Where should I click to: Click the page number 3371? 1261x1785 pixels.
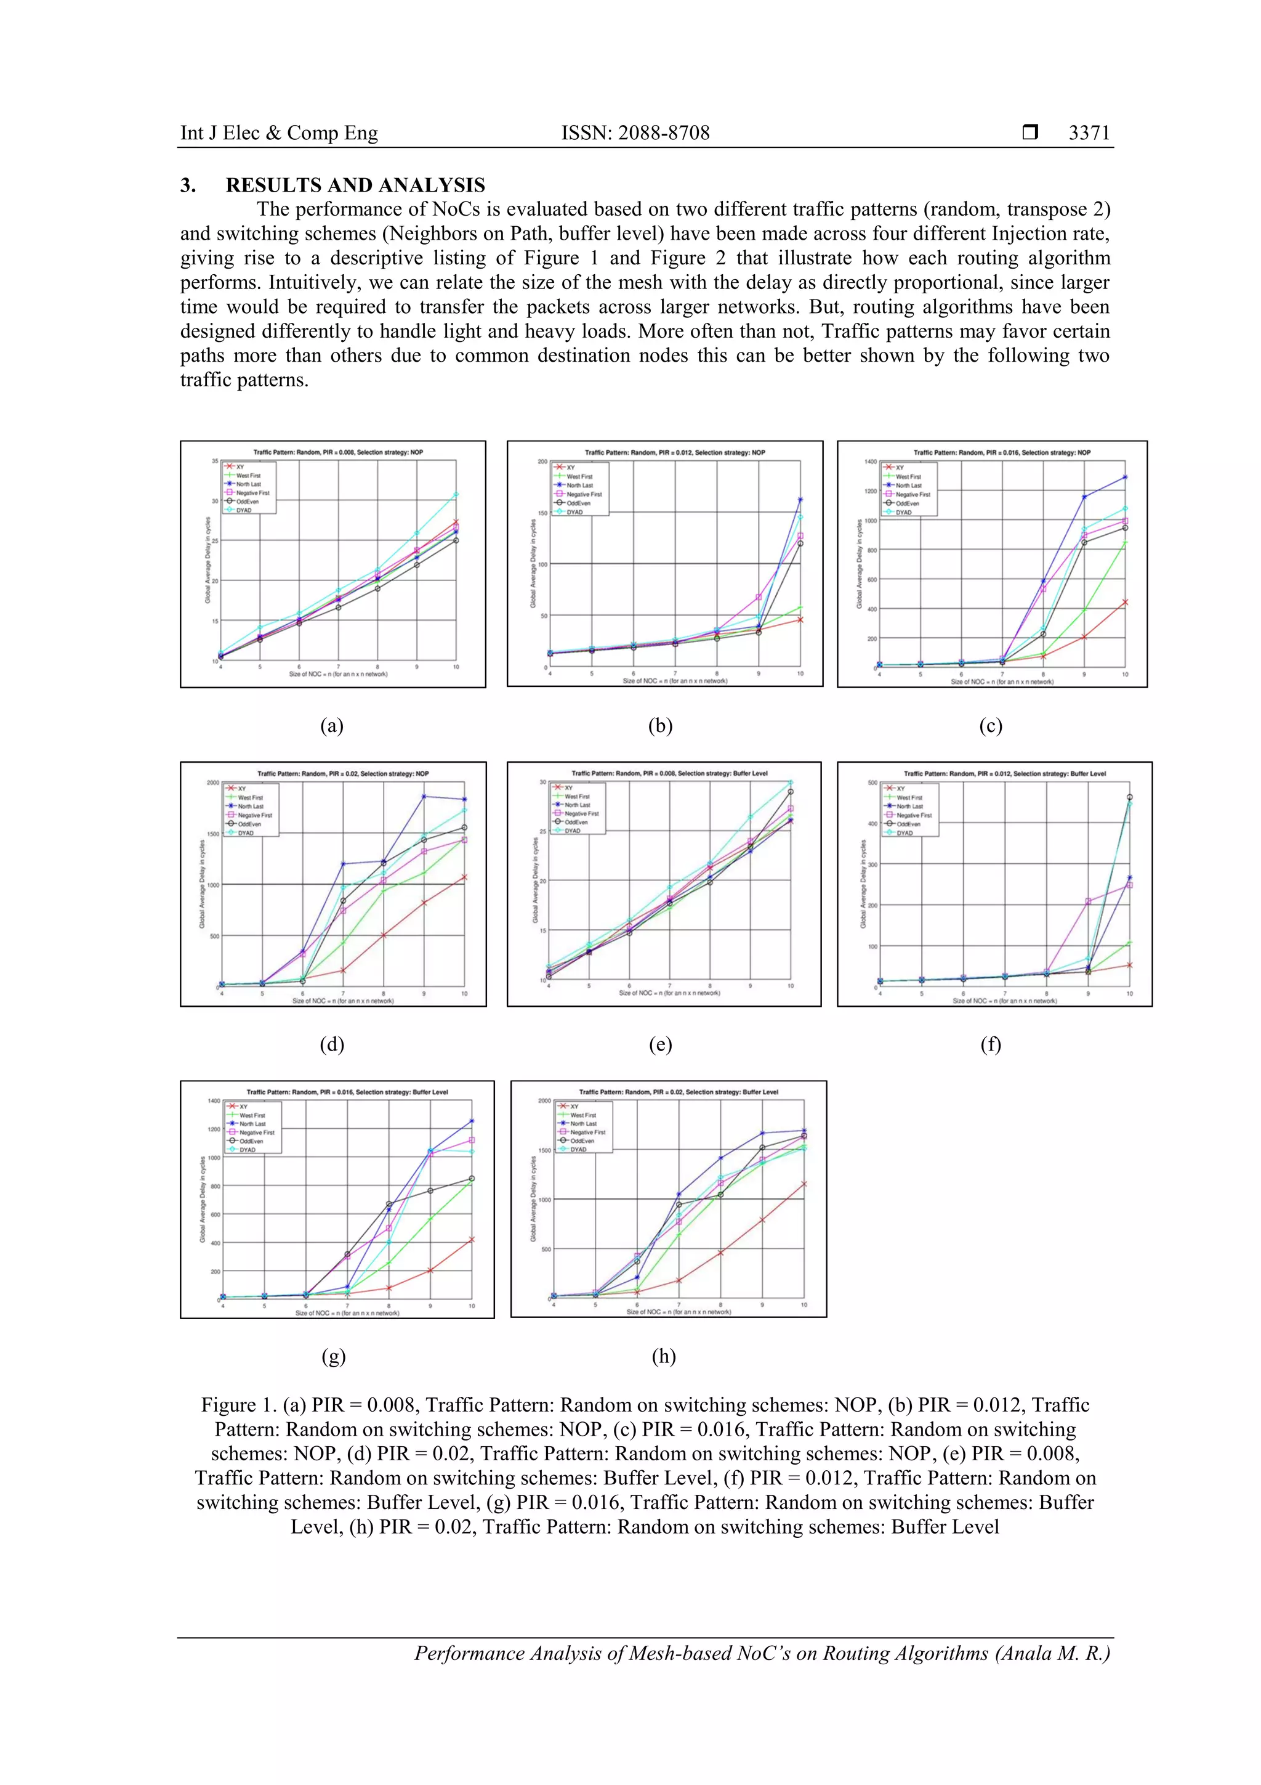(1089, 133)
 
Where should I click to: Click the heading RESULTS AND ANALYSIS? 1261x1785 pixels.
(355, 185)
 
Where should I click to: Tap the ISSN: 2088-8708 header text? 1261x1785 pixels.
(635, 133)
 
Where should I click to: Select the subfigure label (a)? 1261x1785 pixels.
(332, 725)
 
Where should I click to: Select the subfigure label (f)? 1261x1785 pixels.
(990, 1044)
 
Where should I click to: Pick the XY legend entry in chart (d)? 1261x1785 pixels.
(241, 788)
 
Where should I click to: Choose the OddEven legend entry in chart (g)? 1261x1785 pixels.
(251, 1141)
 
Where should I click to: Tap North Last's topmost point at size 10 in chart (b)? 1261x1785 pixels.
(800, 500)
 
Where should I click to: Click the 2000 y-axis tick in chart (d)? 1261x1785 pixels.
(213, 782)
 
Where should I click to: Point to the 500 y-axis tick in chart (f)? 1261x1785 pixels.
(872, 783)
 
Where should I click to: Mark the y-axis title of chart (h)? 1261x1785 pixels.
(533, 1199)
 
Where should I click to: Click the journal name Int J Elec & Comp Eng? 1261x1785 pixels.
(279, 133)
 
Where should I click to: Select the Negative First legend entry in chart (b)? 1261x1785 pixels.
(584, 494)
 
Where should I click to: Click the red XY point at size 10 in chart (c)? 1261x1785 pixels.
(1125, 602)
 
